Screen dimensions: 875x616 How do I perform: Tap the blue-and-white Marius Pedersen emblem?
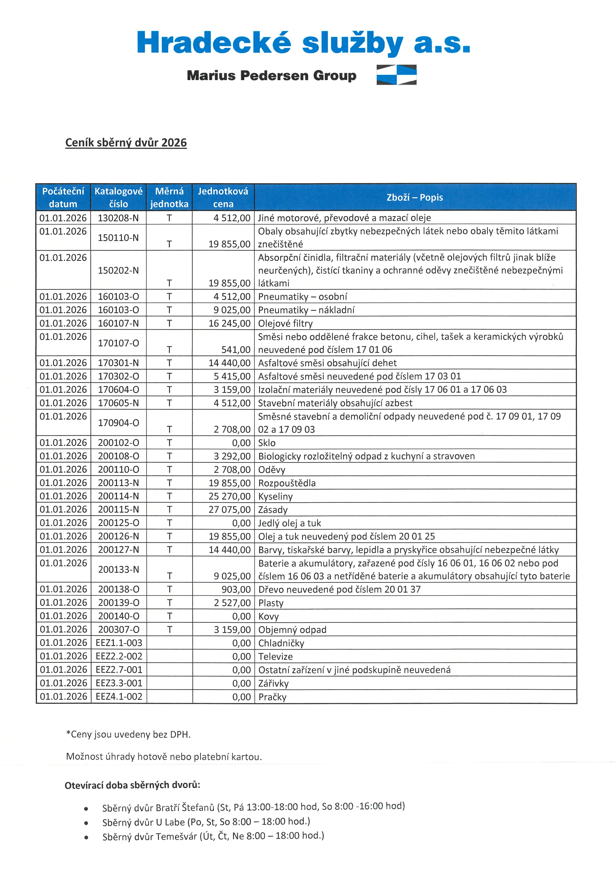[x=396, y=75]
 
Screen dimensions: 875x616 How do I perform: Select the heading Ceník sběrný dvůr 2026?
[x=126, y=142]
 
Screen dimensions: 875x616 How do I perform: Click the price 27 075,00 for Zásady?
[x=230, y=510]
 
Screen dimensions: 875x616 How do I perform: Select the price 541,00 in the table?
[x=236, y=350]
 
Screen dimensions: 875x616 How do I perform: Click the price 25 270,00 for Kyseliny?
[x=230, y=496]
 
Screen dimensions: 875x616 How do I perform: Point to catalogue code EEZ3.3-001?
[x=119, y=683]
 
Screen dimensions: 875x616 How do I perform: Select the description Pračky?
[x=272, y=697]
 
